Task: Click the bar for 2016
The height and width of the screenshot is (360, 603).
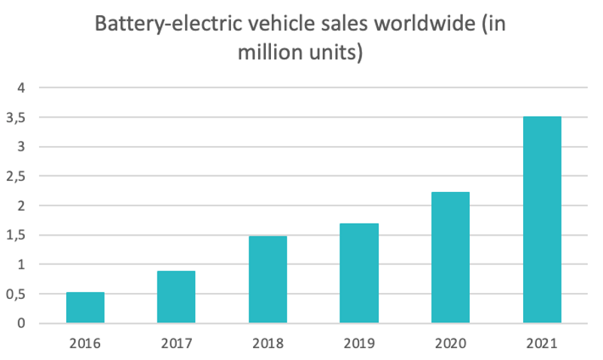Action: (x=85, y=307)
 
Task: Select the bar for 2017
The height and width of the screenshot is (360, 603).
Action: (x=176, y=297)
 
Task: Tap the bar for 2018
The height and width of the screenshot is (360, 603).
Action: (x=268, y=279)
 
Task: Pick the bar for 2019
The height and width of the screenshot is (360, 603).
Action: (x=359, y=273)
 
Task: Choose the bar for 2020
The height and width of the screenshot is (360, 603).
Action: (x=450, y=258)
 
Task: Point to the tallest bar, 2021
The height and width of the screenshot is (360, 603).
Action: (x=542, y=220)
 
